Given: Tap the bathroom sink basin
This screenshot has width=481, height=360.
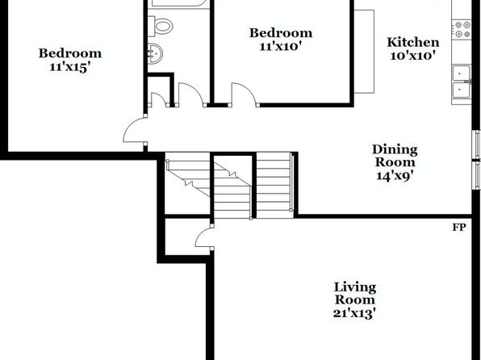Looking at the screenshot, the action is tap(155, 54).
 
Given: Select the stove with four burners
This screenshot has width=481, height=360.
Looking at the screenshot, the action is tap(462, 29).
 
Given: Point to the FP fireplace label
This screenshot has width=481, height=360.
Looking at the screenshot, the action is tap(459, 228).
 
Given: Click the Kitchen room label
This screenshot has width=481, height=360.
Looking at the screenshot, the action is tap(413, 42).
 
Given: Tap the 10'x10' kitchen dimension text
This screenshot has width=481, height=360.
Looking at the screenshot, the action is tap(413, 57).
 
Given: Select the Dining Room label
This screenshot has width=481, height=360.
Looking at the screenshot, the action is tap(395, 156).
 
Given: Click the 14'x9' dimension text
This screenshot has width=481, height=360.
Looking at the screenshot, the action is tap(395, 176).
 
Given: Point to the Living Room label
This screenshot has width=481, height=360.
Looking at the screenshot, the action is tap(355, 294).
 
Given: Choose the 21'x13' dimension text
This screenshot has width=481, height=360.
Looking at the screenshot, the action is tap(354, 314).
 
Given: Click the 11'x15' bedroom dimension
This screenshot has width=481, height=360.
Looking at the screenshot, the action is tap(70, 67).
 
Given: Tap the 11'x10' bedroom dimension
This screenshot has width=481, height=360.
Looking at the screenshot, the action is tap(281, 47).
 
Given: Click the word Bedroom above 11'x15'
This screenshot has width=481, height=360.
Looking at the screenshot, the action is tap(70, 53).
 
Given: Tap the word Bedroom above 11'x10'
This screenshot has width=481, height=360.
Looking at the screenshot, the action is tap(281, 33).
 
